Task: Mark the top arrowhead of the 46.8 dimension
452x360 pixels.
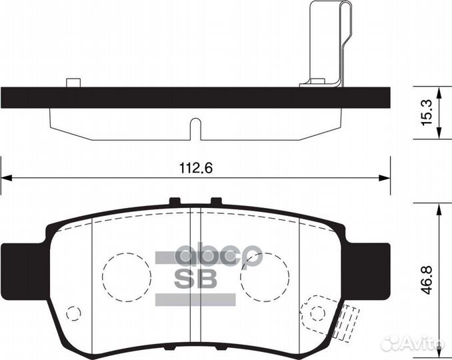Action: [438, 207]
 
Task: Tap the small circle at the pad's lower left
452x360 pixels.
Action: [73, 313]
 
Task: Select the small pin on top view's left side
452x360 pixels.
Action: [73, 83]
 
